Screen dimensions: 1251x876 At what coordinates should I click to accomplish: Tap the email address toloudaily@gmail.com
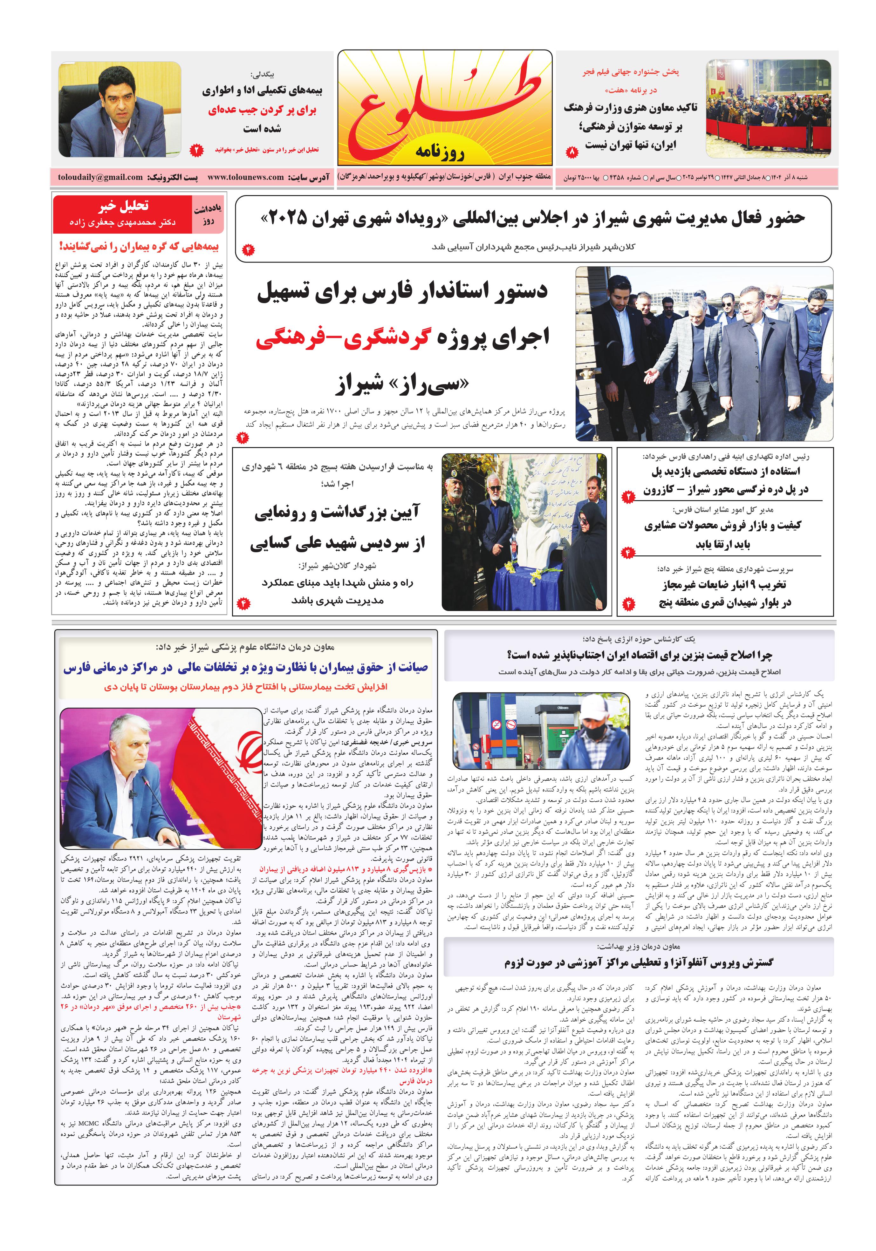[x=100, y=177]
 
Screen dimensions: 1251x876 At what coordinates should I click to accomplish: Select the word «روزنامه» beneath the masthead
[x=441, y=152]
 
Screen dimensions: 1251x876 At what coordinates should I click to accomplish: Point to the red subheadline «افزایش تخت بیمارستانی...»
[x=245, y=687]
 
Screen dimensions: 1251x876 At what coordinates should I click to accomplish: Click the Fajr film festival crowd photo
[x=768, y=108]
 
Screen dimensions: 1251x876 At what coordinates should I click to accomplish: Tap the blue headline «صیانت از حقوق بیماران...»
[x=245, y=668]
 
